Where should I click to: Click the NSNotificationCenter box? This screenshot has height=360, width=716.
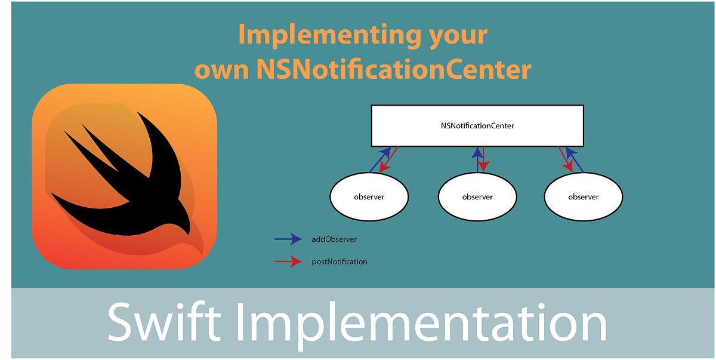[477, 126]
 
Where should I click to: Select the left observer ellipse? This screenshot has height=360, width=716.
[369, 196]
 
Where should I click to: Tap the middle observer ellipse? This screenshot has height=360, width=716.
[477, 196]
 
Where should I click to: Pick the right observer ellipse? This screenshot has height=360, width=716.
[583, 196]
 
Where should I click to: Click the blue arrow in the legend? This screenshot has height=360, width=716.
[288, 239]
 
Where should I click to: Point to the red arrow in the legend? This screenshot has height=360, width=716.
[288, 261]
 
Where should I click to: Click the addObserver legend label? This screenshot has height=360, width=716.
[334, 239]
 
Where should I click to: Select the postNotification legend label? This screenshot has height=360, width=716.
[340, 261]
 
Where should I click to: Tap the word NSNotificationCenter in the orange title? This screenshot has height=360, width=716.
[394, 70]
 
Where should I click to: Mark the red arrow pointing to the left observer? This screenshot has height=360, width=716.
[388, 161]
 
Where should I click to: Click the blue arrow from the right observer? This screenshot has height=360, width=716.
[575, 160]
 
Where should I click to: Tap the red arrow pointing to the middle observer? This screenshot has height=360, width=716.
[483, 160]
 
